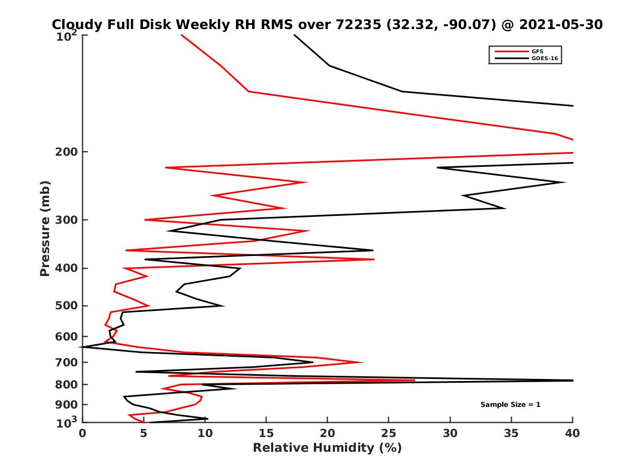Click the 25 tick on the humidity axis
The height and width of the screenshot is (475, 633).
pos(389,433)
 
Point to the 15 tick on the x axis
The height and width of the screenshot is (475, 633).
pos(266,433)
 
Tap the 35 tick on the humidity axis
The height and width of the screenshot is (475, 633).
pos(511,433)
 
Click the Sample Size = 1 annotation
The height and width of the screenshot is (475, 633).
pos(510,405)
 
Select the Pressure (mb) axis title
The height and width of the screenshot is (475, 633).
pos(45,228)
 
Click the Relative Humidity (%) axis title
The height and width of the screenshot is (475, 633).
pos(327,448)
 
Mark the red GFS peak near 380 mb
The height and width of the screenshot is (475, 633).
pos(374,259)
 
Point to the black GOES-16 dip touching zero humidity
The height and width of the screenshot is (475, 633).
pos(83,347)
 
